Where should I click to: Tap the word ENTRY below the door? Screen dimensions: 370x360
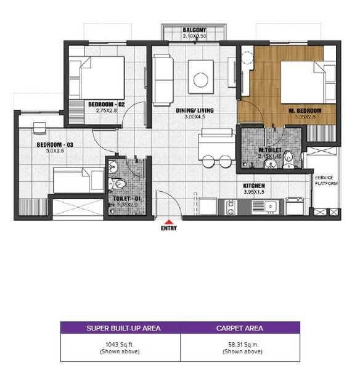click(x=168, y=228)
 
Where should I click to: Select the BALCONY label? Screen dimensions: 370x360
click(x=194, y=30)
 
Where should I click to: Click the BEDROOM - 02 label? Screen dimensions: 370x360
click(x=106, y=104)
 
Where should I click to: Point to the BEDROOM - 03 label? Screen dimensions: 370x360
click(x=55, y=145)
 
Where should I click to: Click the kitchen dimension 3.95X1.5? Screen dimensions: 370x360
click(x=253, y=192)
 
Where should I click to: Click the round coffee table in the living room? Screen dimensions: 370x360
click(x=201, y=79)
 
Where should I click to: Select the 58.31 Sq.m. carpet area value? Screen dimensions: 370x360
click(x=240, y=343)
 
